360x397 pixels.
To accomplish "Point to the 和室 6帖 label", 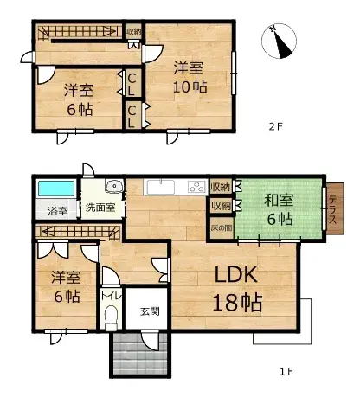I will pos(280,209).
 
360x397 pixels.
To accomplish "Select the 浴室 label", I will pos(57,210).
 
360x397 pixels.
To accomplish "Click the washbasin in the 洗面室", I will pos(112,188).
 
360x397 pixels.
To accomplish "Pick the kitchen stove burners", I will pos(196,187).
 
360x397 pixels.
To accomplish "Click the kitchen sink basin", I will pos(160,187).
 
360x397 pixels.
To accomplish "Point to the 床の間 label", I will pos(222,227).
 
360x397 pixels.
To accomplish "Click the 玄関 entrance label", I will pos(149,311).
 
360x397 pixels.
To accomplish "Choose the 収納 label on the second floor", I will pos(134,32).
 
